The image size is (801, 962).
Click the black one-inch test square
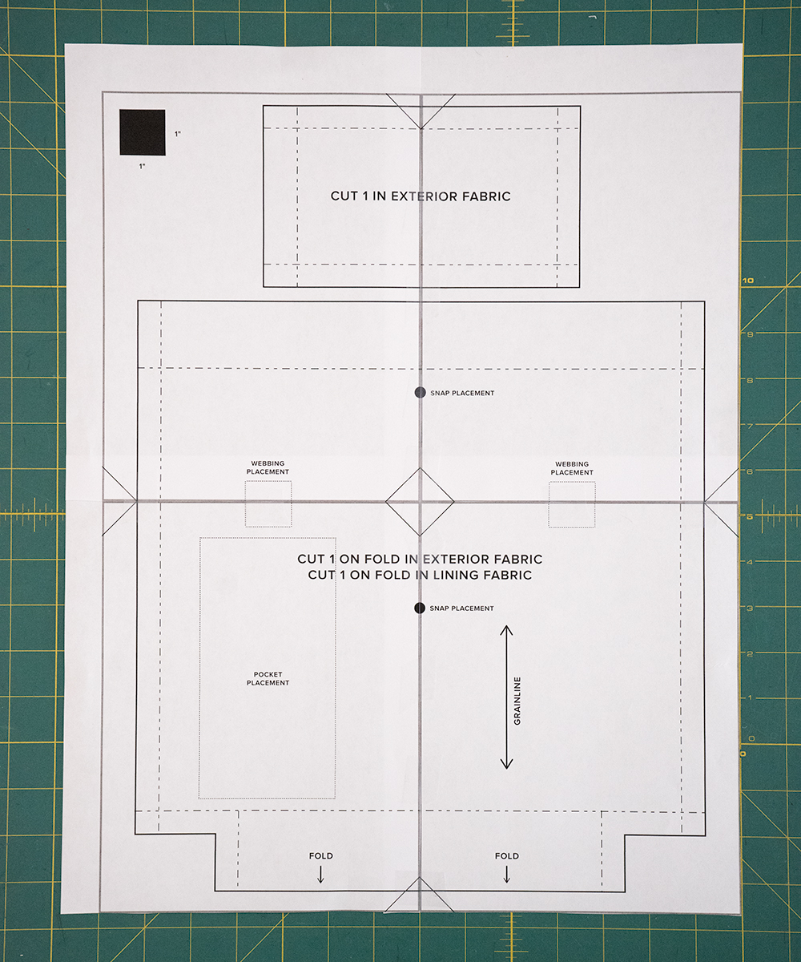[143, 132]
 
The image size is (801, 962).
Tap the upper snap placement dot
[420, 392]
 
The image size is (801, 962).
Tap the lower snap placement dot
[420, 608]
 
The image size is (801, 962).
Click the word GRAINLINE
[517, 701]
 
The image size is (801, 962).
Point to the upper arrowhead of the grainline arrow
[506, 627]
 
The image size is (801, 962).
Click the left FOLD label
[321, 855]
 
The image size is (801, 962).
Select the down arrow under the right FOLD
[507, 874]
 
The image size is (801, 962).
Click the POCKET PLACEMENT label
[268, 678]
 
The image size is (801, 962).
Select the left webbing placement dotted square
[268, 503]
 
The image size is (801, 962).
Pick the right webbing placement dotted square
[572, 504]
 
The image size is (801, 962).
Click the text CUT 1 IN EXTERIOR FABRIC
[421, 196]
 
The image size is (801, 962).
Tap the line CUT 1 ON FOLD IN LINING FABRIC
[420, 575]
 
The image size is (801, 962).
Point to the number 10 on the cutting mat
[748, 280]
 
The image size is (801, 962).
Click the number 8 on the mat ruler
[750, 380]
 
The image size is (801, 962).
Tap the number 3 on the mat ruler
[750, 608]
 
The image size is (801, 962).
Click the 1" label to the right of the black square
[178, 134]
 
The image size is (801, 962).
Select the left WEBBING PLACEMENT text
[268, 467]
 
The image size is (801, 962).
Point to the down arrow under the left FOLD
[321, 874]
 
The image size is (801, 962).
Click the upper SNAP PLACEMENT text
[462, 393]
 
